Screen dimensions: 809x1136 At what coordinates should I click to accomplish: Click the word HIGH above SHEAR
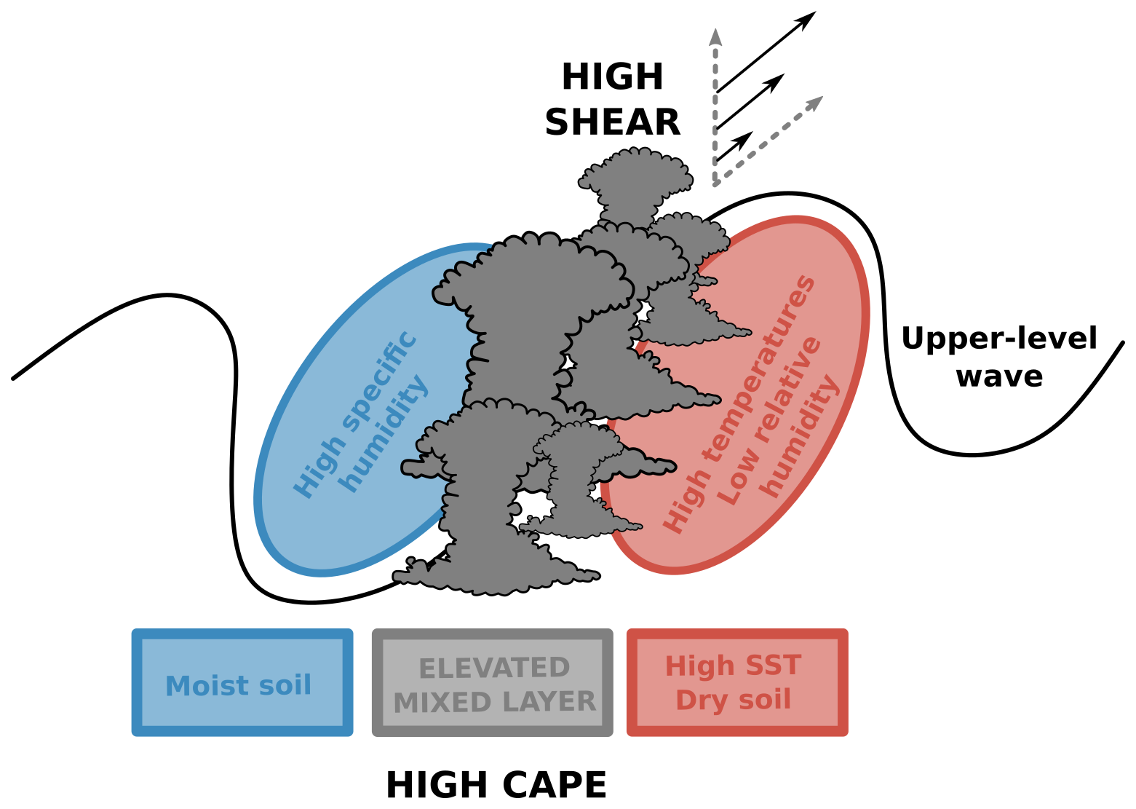point(612,77)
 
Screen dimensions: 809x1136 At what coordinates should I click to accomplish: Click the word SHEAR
point(612,122)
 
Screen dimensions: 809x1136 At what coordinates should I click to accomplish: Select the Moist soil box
point(242,682)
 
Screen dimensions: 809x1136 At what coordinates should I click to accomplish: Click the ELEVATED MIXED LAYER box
point(493,682)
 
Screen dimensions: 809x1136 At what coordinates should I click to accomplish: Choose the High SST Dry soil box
point(737,682)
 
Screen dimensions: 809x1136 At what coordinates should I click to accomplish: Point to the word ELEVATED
point(494,668)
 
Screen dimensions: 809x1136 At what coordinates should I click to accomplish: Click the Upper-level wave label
point(999,357)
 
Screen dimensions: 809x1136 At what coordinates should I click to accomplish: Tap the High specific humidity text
point(360,415)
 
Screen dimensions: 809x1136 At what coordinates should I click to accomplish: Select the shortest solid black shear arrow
point(734,147)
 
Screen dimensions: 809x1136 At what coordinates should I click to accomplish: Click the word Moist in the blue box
point(198,685)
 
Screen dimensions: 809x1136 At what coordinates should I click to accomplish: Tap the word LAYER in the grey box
point(548,701)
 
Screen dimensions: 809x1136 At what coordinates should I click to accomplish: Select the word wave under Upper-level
point(999,376)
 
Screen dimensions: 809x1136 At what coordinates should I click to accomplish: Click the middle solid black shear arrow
point(750,102)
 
